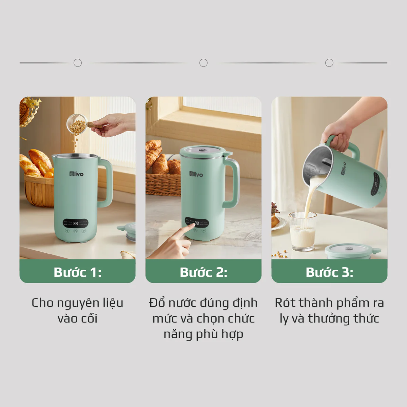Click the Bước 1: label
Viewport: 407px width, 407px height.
click(78, 272)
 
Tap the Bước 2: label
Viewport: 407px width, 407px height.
click(203, 272)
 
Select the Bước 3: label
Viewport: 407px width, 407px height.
click(329, 272)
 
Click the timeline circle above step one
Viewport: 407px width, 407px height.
click(78, 63)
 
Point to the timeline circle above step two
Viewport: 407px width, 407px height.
click(203, 63)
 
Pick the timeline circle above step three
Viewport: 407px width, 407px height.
click(329, 63)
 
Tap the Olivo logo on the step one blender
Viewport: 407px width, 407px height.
click(76, 174)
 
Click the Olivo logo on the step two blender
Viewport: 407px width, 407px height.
click(196, 174)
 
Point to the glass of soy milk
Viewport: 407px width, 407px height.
click(303, 232)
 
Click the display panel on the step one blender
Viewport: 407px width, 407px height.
click(75, 223)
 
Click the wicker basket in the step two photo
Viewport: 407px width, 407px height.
click(163, 184)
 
